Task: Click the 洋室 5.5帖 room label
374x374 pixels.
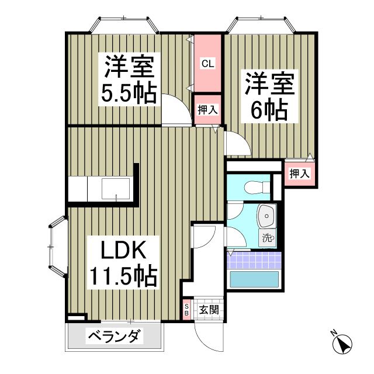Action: tap(129, 79)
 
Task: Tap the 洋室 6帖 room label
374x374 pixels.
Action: tap(269, 96)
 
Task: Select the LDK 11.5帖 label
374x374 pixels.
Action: tap(123, 262)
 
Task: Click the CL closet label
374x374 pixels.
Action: tap(208, 64)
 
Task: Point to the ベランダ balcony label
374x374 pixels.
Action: tap(114, 337)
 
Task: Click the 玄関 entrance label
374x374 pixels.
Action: tap(209, 310)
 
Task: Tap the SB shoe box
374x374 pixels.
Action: tap(187, 310)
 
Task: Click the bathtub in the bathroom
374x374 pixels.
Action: tap(254, 279)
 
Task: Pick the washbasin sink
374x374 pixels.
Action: tap(267, 216)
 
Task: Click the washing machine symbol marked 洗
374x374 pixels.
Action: tap(268, 238)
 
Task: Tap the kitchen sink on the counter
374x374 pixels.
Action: tap(116, 189)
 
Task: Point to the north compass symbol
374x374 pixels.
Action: tap(342, 344)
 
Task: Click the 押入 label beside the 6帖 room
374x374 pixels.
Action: tap(300, 174)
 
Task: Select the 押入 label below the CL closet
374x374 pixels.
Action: tap(207, 110)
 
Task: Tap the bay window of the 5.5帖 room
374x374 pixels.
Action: tap(124, 25)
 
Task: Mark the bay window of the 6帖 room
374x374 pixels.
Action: tap(261, 25)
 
